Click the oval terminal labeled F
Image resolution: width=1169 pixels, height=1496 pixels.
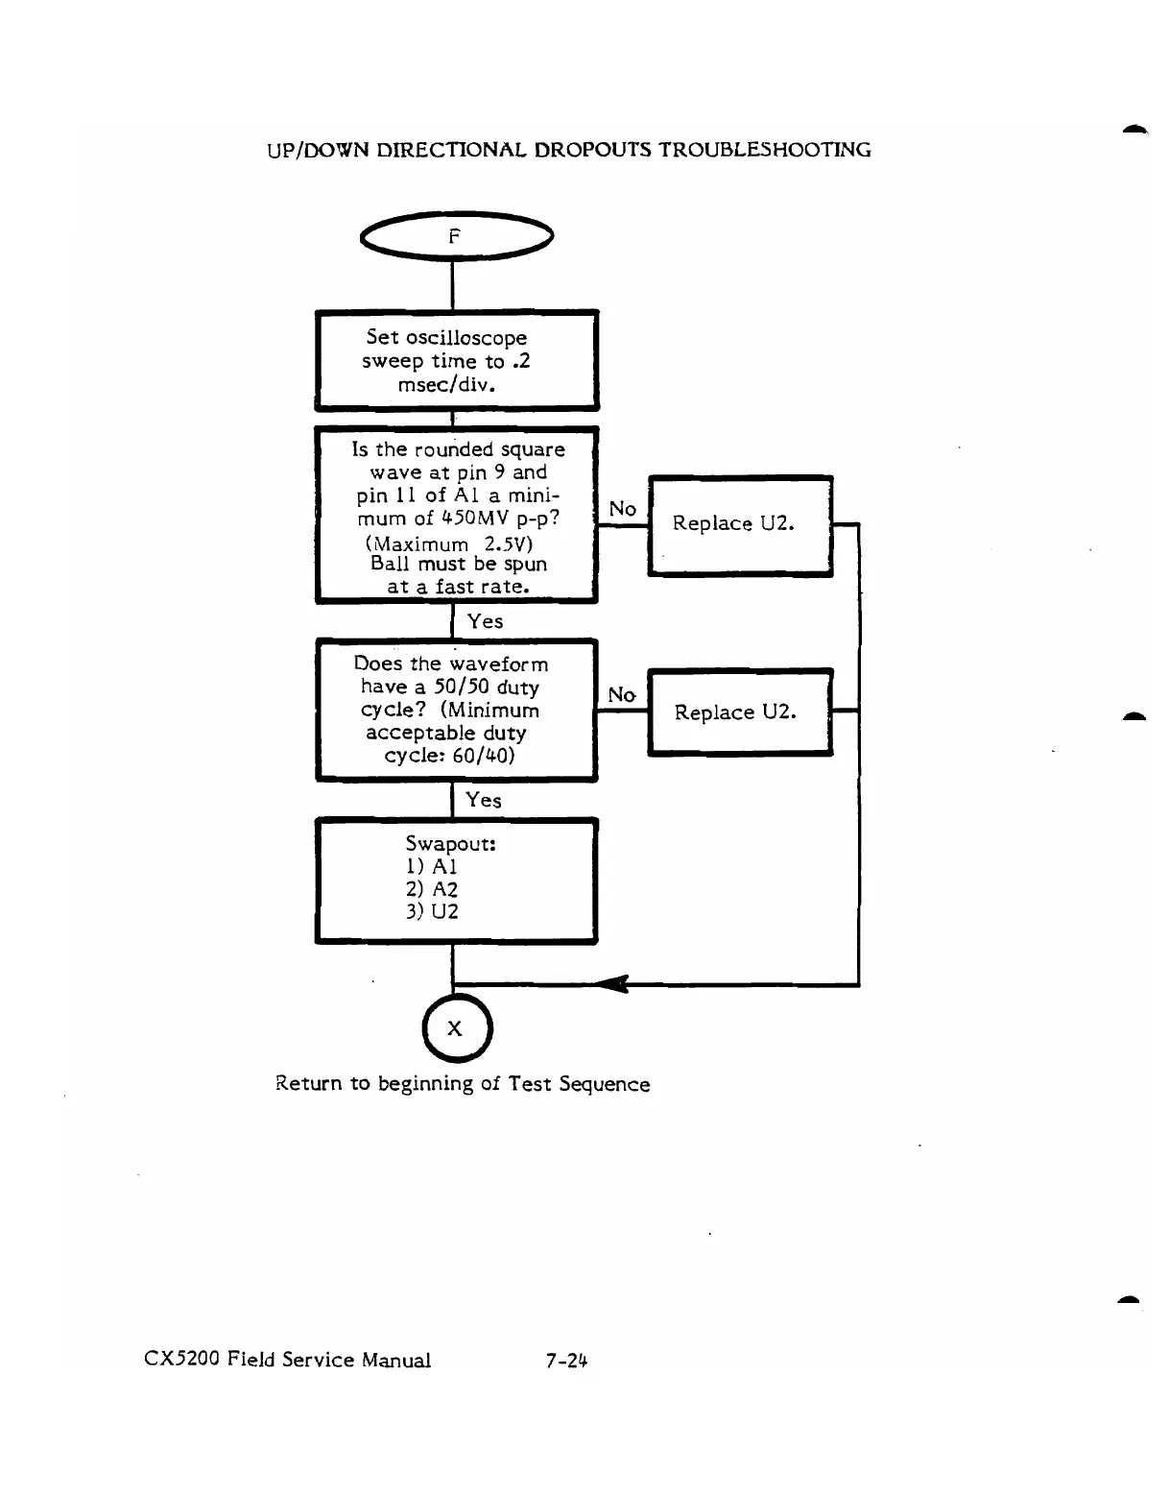(x=456, y=236)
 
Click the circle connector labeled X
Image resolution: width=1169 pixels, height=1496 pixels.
(x=456, y=1028)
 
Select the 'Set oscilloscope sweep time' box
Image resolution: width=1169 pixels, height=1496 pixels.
(x=456, y=361)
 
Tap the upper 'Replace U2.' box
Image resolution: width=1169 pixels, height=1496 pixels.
(x=739, y=524)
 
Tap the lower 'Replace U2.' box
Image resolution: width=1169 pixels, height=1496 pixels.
(x=739, y=712)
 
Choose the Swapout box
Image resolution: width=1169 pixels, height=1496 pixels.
(x=456, y=881)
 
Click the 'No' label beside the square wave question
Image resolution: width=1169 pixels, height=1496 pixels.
(x=623, y=509)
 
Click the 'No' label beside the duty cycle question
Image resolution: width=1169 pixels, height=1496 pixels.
(x=622, y=694)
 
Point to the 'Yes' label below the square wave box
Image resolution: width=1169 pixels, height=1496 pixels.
(x=485, y=621)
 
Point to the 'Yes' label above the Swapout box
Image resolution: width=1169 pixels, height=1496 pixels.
(x=484, y=800)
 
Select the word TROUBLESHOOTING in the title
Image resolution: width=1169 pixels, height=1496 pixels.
(x=765, y=150)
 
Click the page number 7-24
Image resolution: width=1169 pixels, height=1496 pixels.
(x=566, y=1361)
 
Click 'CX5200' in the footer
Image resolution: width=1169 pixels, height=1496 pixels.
(x=182, y=1360)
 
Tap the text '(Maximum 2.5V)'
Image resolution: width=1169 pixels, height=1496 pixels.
(x=449, y=543)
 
